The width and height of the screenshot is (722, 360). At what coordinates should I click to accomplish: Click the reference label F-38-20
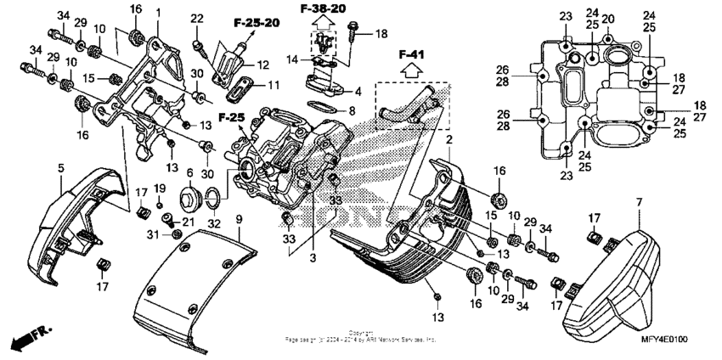323,8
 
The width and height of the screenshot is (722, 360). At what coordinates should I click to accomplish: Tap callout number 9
239,220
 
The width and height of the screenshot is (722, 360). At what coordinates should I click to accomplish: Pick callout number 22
197,19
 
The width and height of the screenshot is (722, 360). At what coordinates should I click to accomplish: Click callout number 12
262,65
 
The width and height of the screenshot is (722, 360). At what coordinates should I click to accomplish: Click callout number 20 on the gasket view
608,18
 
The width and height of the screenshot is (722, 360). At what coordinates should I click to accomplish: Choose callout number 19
160,188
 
